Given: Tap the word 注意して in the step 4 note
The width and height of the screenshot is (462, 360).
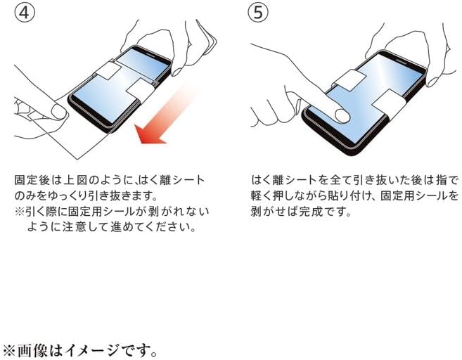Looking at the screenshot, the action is (96, 226).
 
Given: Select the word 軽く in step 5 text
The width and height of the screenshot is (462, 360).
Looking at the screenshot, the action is (262, 195).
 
